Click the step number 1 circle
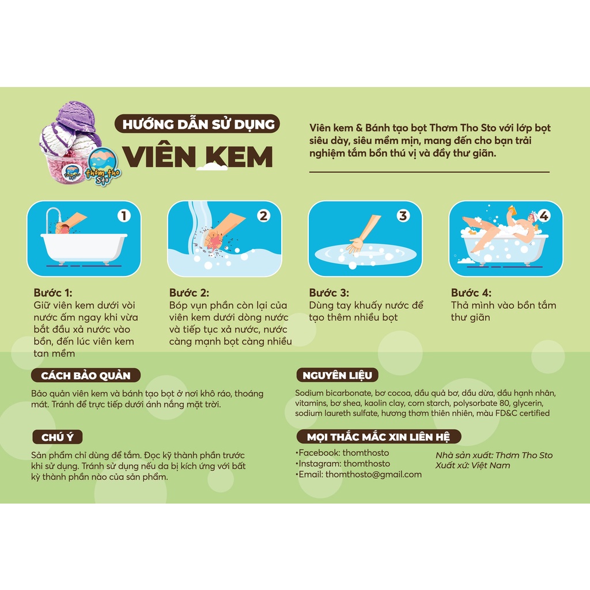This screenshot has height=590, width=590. click(x=124, y=215)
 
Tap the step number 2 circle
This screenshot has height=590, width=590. click(x=264, y=215)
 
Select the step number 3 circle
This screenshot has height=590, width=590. click(x=403, y=215)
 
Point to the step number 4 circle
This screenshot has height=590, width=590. click(x=544, y=215)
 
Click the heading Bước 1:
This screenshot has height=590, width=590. click(x=52, y=293)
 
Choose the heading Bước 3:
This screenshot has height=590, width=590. click(x=329, y=293)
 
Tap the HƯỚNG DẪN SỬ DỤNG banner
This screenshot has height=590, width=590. click(x=197, y=124)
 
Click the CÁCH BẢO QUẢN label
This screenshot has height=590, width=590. click(x=85, y=375)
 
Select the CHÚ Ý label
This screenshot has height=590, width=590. click(x=57, y=437)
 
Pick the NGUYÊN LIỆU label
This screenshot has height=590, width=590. click(x=337, y=375)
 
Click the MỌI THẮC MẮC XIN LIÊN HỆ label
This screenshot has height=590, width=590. click(x=379, y=437)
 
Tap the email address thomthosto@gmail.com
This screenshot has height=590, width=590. click(x=373, y=475)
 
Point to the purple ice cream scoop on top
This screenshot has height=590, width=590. click(x=77, y=116)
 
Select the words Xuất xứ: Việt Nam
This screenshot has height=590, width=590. click(x=472, y=466)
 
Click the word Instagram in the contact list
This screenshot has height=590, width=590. click(x=319, y=464)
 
